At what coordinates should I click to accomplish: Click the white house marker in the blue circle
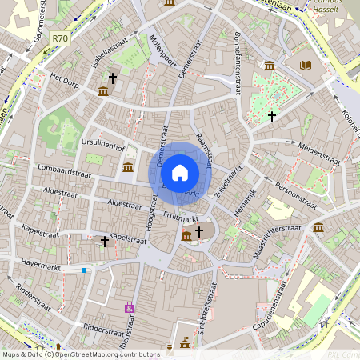[180, 172]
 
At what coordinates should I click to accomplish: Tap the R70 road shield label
[59, 37]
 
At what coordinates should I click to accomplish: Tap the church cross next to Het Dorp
[113, 78]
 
